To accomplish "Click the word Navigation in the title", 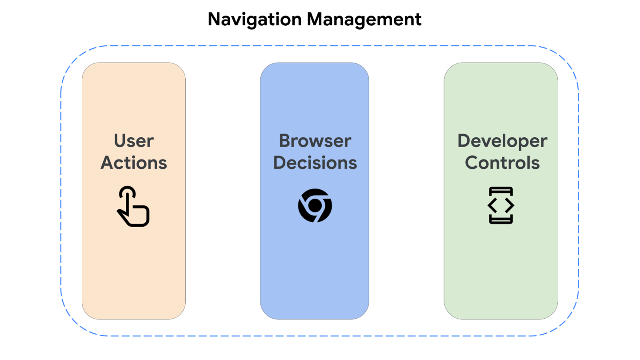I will pos(255,20).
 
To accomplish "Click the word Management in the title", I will pos(365,20).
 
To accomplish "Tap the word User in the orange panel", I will pos(134,141).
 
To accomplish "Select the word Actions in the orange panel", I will pos(134,163).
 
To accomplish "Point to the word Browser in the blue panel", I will pos(315,141).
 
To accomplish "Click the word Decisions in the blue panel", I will pos(315,163).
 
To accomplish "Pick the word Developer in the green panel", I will pos(502,141).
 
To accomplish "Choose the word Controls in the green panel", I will pos(502,163).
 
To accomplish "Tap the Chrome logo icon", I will pos(315,205).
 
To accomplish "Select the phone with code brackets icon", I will pos(501,205).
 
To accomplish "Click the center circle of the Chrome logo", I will pos(315,205).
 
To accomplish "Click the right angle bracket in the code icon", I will pos(509,205).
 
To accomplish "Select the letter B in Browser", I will pos(285,141).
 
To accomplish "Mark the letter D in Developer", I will pos(464,141).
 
